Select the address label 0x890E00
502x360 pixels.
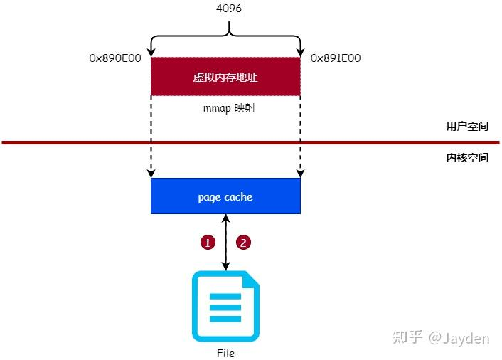pyautogui.click(x=115, y=58)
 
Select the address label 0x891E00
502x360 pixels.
pyautogui.click(x=336, y=58)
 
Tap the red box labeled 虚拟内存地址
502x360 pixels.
pyautogui.click(x=225, y=77)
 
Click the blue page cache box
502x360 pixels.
pyautogui.click(x=225, y=196)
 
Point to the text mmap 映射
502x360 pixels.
pyautogui.click(x=225, y=111)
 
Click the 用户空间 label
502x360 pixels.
pyautogui.click(x=467, y=127)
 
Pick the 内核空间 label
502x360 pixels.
pyautogui.click(x=467, y=157)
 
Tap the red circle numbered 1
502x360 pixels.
pyautogui.click(x=207, y=243)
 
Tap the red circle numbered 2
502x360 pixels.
pyautogui.click(x=243, y=243)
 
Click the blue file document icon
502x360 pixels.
pyautogui.click(x=225, y=307)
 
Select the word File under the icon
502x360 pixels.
pyautogui.click(x=225, y=353)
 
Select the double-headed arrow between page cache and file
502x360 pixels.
pyautogui.click(x=225, y=243)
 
